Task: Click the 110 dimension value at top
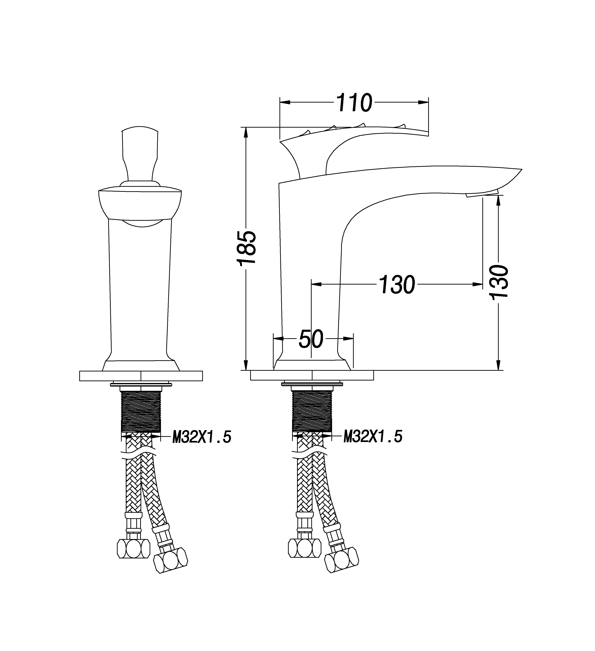[354, 103]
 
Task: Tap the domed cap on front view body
[140, 203]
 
